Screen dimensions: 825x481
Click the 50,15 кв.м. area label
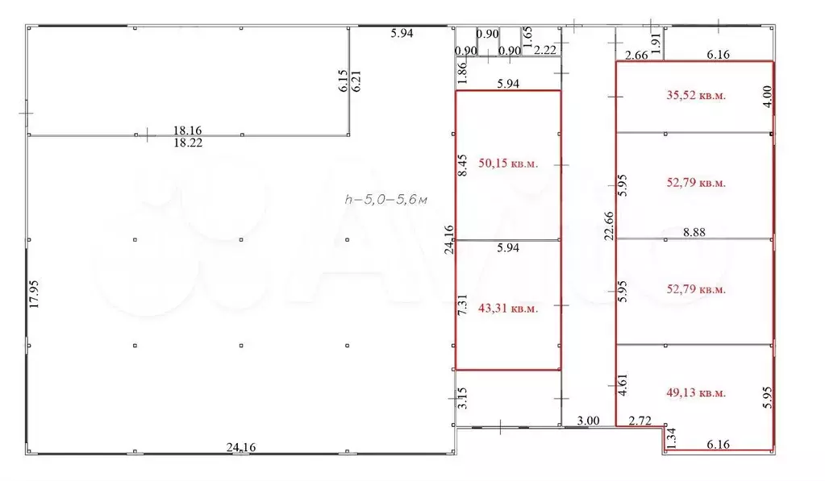coord(508,164)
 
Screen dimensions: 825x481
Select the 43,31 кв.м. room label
coord(508,309)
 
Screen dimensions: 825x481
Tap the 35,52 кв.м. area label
coord(696,95)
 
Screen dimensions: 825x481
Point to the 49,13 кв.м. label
coord(696,392)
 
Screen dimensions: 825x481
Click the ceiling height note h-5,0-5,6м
coord(385,199)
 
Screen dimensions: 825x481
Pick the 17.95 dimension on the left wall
coord(34,294)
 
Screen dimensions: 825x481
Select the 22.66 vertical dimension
coord(609,226)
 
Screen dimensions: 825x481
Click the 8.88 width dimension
coord(694,232)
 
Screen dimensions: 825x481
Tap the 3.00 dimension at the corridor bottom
coord(588,421)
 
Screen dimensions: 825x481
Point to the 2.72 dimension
coord(640,421)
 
